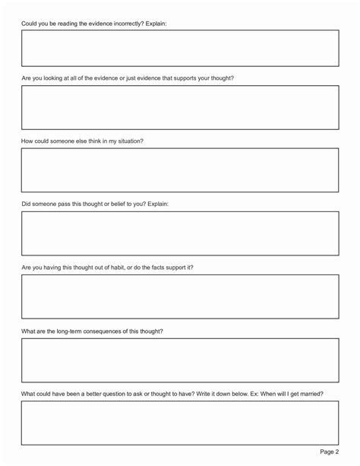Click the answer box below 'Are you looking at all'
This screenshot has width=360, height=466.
180,107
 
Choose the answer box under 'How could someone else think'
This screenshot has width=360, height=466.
180,170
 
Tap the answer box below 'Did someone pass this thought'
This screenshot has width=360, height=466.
180,233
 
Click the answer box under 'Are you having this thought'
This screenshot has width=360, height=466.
180,296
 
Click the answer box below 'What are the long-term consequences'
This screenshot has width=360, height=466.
180,360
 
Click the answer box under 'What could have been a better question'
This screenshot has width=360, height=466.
180,423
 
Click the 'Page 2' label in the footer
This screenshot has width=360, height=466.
330,452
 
